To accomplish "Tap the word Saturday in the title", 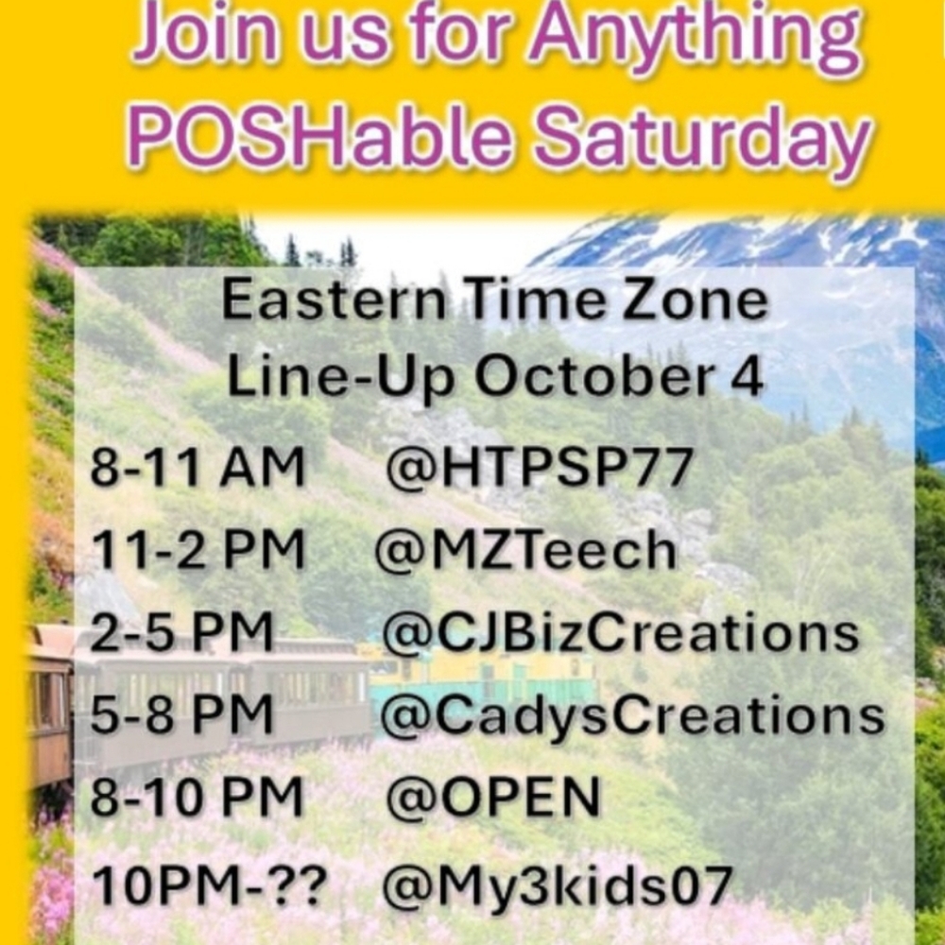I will pos(701,138).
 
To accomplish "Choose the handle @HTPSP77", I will pos(541,468).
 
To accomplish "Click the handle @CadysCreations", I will pos(631,716).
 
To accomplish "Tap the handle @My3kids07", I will pos(557,885).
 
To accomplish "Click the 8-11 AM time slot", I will pos(198,468).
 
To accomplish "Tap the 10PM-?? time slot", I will pos(209,885).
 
